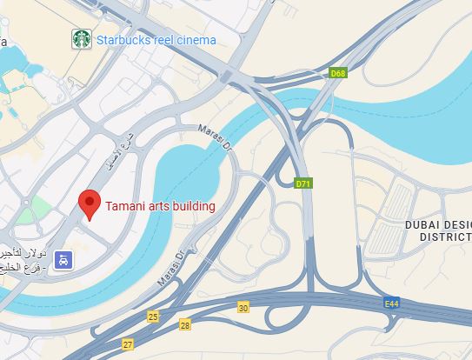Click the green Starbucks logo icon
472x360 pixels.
tap(82, 39)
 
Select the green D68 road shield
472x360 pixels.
tap(338, 74)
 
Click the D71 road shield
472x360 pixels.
tap(303, 183)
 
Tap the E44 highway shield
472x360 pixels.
tap(392, 303)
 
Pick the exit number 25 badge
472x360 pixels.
tap(154, 317)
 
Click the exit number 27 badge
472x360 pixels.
tap(129, 344)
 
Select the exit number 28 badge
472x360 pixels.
tap(185, 324)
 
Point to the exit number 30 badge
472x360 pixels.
tap(243, 307)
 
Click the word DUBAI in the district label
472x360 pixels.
tap(422, 224)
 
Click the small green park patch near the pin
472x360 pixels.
tap(39, 209)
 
